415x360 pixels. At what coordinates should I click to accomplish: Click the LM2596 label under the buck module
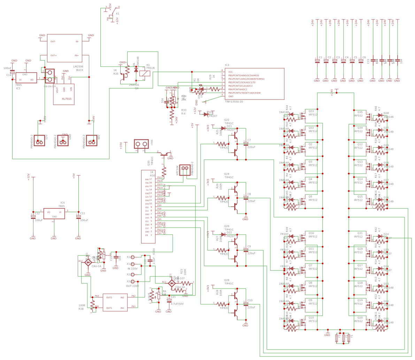click(x=78, y=66)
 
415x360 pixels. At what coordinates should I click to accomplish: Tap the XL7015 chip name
click(x=67, y=99)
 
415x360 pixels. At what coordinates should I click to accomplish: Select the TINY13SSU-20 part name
click(x=234, y=101)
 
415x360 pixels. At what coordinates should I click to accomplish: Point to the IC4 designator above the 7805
click(x=62, y=202)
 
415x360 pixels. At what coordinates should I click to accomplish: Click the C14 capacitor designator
click(x=9, y=75)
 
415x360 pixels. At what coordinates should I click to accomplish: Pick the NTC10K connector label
click(x=177, y=170)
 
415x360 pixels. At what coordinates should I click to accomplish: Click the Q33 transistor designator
click(x=311, y=111)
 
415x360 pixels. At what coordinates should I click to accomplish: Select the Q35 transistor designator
click(x=360, y=112)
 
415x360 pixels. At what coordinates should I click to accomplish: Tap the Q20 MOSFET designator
click(x=360, y=317)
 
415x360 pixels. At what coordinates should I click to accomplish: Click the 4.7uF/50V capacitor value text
click(x=177, y=304)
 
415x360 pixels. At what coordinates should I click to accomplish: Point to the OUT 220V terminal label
click(x=132, y=286)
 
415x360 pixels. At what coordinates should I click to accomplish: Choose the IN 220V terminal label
click(x=132, y=269)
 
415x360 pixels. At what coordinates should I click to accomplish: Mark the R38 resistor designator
click(x=81, y=309)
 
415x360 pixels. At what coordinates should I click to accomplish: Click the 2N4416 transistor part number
click(x=134, y=85)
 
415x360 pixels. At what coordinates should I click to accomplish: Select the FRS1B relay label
click(x=150, y=68)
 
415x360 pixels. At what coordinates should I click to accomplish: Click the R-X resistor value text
click(x=183, y=114)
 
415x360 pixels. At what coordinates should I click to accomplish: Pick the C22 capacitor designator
click(x=111, y=258)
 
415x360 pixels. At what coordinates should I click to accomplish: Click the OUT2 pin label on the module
click(x=109, y=297)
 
